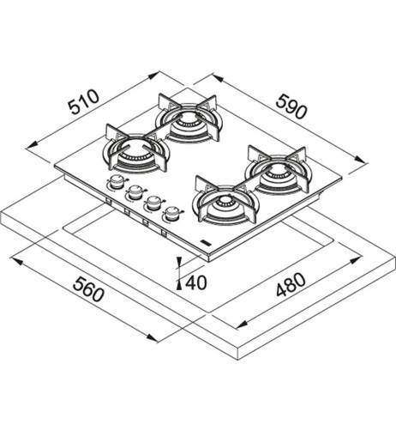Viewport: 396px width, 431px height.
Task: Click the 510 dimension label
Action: pos(84,102)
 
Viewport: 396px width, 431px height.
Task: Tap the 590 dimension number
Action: pos(291,107)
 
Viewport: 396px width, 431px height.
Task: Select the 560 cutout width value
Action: pos(88,289)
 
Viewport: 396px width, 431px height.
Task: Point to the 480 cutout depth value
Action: pos(291,284)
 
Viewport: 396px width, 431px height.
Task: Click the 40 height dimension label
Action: pos(195,282)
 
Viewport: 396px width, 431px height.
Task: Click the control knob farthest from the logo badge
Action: pos(116,182)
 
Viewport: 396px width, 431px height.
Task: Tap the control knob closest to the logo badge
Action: pos(171,214)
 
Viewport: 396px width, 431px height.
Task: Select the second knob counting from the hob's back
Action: pos(135,192)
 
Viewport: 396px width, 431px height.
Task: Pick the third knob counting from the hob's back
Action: pos(153,203)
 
